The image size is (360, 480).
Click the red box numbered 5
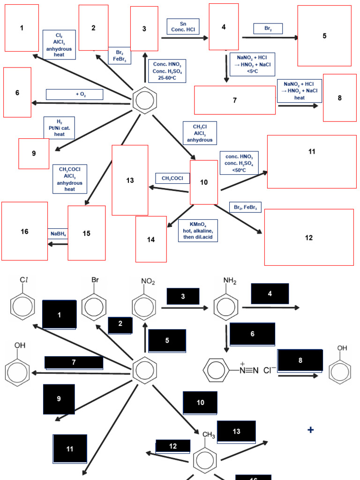[x=324, y=36]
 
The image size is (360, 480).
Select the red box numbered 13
[x=130, y=180]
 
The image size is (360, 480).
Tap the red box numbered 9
[x=34, y=153]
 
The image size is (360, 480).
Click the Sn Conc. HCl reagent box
[x=183, y=26]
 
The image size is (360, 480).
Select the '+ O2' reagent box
[x=74, y=94]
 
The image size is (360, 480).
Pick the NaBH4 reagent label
[x=58, y=233]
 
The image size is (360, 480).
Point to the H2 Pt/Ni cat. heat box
[x=59, y=128]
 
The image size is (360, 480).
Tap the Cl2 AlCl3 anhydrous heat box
[x=59, y=45]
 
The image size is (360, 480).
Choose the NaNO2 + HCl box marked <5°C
[x=253, y=64]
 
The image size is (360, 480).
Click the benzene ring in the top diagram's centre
[x=144, y=100]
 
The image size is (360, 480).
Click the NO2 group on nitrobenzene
[x=148, y=282]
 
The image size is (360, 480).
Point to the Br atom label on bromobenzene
[x=95, y=280]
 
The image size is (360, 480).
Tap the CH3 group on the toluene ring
[x=209, y=435]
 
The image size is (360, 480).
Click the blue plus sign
[x=310, y=430]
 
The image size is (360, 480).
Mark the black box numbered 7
[x=74, y=362]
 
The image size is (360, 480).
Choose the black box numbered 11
[x=70, y=449]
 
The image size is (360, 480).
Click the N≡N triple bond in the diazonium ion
[x=249, y=370]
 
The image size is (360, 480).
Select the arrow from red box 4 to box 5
[x=270, y=37]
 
